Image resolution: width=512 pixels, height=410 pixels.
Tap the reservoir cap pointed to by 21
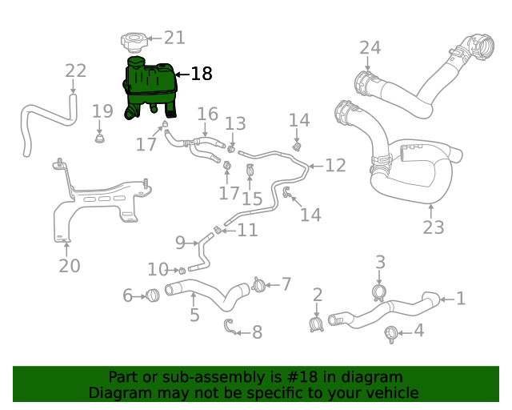133,39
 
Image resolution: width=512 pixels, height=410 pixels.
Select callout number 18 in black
202,74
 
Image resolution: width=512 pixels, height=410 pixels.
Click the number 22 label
75,70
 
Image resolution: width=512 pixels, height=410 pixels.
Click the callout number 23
433,227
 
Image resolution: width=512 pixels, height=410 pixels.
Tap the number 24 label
370,48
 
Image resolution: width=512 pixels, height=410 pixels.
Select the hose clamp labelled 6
153,295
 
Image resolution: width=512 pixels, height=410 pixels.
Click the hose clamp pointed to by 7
258,284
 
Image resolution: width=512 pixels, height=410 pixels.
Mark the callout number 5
194,315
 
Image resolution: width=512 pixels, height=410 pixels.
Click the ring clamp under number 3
381,291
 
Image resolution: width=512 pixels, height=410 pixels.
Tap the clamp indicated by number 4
392,333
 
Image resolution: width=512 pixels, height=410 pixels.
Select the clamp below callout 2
316,324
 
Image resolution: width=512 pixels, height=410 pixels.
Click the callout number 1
461,299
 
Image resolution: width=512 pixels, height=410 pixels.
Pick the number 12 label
335,165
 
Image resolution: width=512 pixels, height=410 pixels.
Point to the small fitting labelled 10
182,269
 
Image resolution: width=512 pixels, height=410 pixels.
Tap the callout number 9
180,242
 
